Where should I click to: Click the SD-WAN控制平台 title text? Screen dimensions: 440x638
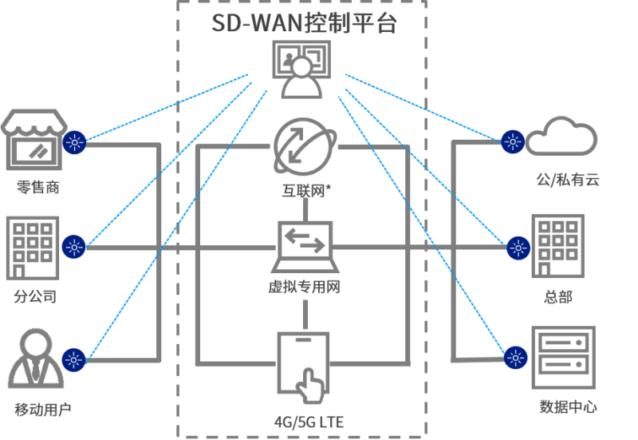click(303, 23)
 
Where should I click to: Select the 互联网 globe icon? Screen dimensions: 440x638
click(301, 146)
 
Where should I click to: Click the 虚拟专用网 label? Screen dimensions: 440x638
click(305, 287)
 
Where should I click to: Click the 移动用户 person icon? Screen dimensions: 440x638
click(34, 359)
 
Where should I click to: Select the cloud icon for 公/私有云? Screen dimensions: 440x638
click(563, 137)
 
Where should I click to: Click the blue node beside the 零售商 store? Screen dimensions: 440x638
click(75, 143)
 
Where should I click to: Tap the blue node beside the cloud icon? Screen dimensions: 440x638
click(512, 143)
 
